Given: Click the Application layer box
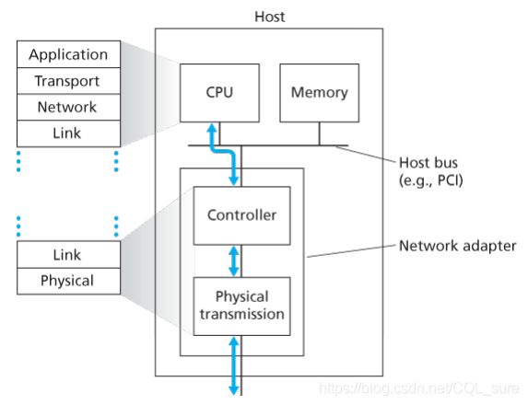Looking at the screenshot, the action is (x=69, y=54).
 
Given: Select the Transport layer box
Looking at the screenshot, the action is (x=69, y=81).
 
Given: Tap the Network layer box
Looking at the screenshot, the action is (x=69, y=107).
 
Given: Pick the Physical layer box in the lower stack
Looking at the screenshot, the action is (x=69, y=281).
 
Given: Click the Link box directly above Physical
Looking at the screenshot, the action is (x=69, y=255).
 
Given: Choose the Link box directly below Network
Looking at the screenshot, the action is (x=69, y=133).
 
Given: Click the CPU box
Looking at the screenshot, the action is (x=219, y=93).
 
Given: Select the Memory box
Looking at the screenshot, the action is (x=319, y=93).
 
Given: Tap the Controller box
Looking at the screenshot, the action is (x=241, y=215).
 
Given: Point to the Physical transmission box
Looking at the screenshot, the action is (x=241, y=307).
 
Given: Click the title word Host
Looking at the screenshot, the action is (x=270, y=17).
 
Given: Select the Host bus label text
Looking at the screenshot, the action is (x=428, y=163).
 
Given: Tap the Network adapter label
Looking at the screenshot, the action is (x=457, y=246).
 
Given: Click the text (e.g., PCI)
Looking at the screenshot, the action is (x=431, y=180).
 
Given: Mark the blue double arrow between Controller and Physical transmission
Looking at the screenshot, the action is (x=234, y=261).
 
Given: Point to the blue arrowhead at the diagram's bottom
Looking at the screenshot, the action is (x=234, y=390).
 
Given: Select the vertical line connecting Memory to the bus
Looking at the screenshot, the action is (x=319, y=133).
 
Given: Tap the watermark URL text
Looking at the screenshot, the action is (x=419, y=388).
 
